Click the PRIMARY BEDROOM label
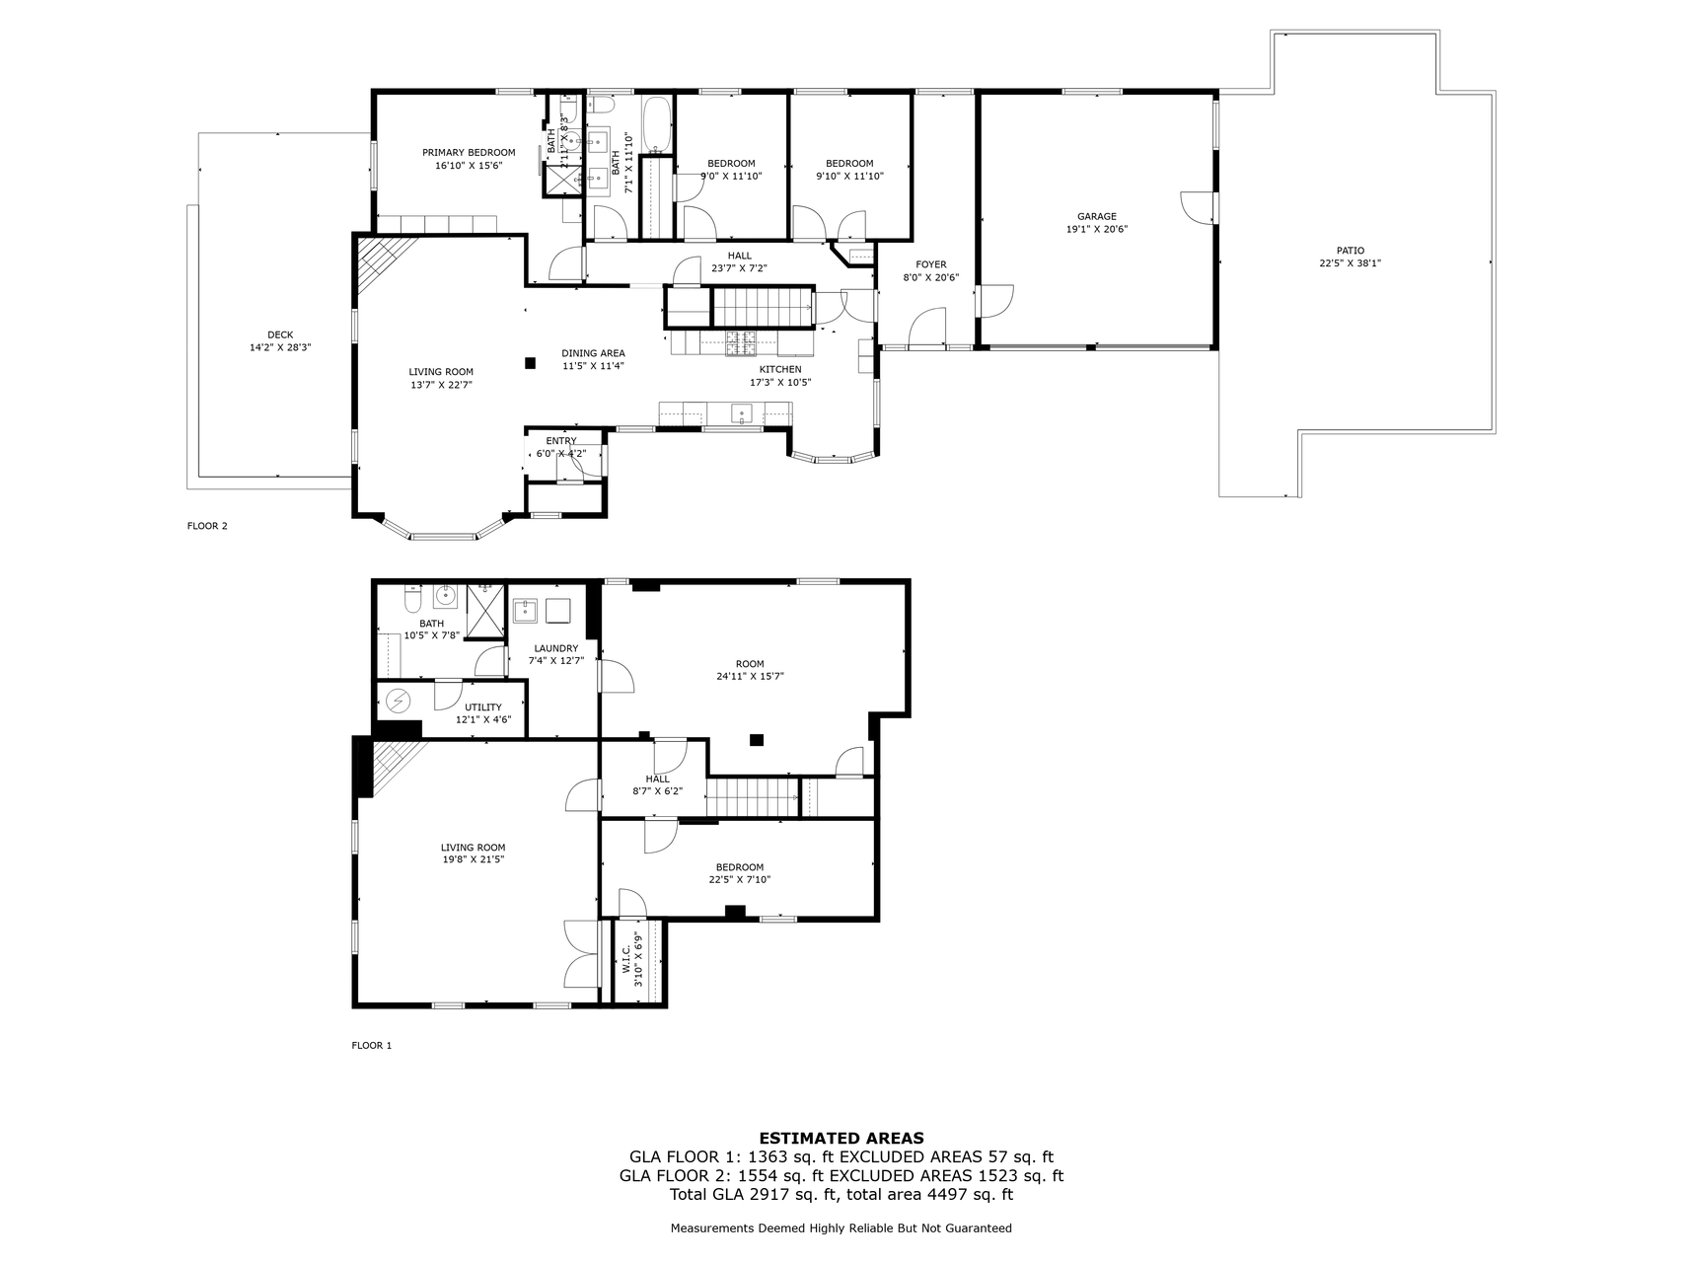pos(469,152)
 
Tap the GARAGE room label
pos(1096,216)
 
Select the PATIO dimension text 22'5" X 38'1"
pos(1350,263)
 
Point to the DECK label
pos(280,334)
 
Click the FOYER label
pos(930,264)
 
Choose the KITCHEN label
pos(779,369)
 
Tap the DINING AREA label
pos(593,353)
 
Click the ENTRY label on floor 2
pos(561,441)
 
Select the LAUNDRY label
pos(555,648)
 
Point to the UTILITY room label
pos(483,706)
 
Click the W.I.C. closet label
pos(625,960)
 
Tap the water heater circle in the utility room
pos(399,700)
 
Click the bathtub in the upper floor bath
pos(656,124)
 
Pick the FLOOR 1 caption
pos(372,1045)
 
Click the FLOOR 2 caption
pos(207,526)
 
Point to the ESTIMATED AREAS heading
pos(841,1138)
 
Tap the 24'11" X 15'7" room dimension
pos(750,676)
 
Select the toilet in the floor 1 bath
pos(412,598)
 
